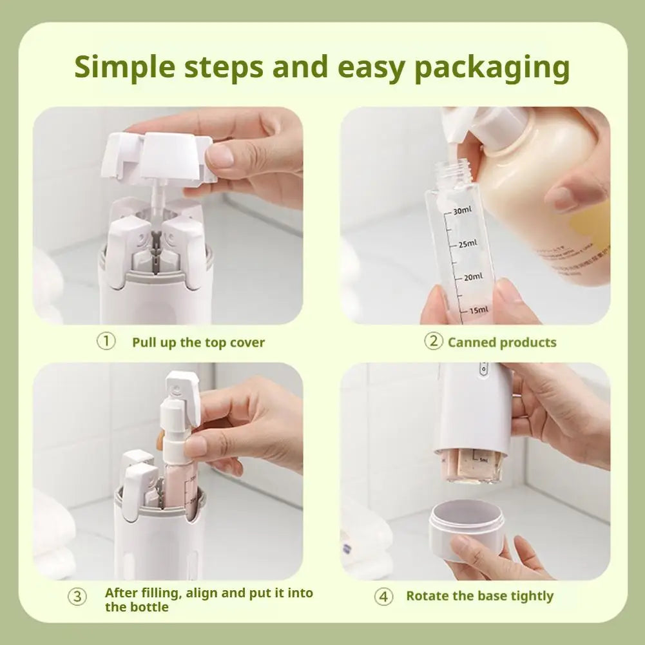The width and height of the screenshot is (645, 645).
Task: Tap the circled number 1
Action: [106, 341]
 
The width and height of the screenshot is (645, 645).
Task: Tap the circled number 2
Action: [434, 341]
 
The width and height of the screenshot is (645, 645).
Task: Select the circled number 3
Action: [77, 597]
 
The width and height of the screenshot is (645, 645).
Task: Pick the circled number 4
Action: [383, 597]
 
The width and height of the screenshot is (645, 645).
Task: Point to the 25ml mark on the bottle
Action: [467, 244]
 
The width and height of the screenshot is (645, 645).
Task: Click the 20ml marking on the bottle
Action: [472, 277]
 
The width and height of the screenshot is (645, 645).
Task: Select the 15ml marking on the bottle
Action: [477, 311]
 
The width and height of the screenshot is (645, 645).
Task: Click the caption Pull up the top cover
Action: [198, 342]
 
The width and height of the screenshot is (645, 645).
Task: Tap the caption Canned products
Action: [502, 342]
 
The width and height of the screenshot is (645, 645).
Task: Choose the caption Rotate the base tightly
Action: [479, 596]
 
